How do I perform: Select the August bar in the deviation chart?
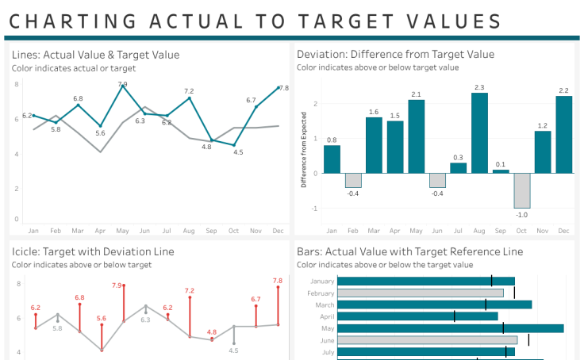pyautogui.click(x=479, y=133)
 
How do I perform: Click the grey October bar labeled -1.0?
pyautogui.click(x=521, y=190)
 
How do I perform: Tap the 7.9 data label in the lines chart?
pyautogui.click(x=122, y=84)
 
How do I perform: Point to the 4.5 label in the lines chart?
pyautogui.click(x=237, y=151)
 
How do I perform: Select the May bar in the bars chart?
pyautogui.click(x=450, y=328)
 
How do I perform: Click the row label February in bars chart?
pyautogui.click(x=321, y=293)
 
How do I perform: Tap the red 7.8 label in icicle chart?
pyautogui.click(x=278, y=281)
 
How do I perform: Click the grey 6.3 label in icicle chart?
pyautogui.click(x=145, y=320)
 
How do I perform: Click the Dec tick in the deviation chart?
pyautogui.click(x=563, y=231)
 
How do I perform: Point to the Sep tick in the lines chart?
pyautogui.click(x=210, y=231)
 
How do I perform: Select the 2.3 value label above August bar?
pyautogui.click(x=479, y=87)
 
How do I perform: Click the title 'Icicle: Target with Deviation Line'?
pyautogui.click(x=93, y=251)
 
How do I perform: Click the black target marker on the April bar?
pyautogui.click(x=455, y=316)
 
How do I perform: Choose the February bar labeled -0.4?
pyautogui.click(x=353, y=180)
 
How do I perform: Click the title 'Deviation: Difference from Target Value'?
pyautogui.click(x=395, y=55)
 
